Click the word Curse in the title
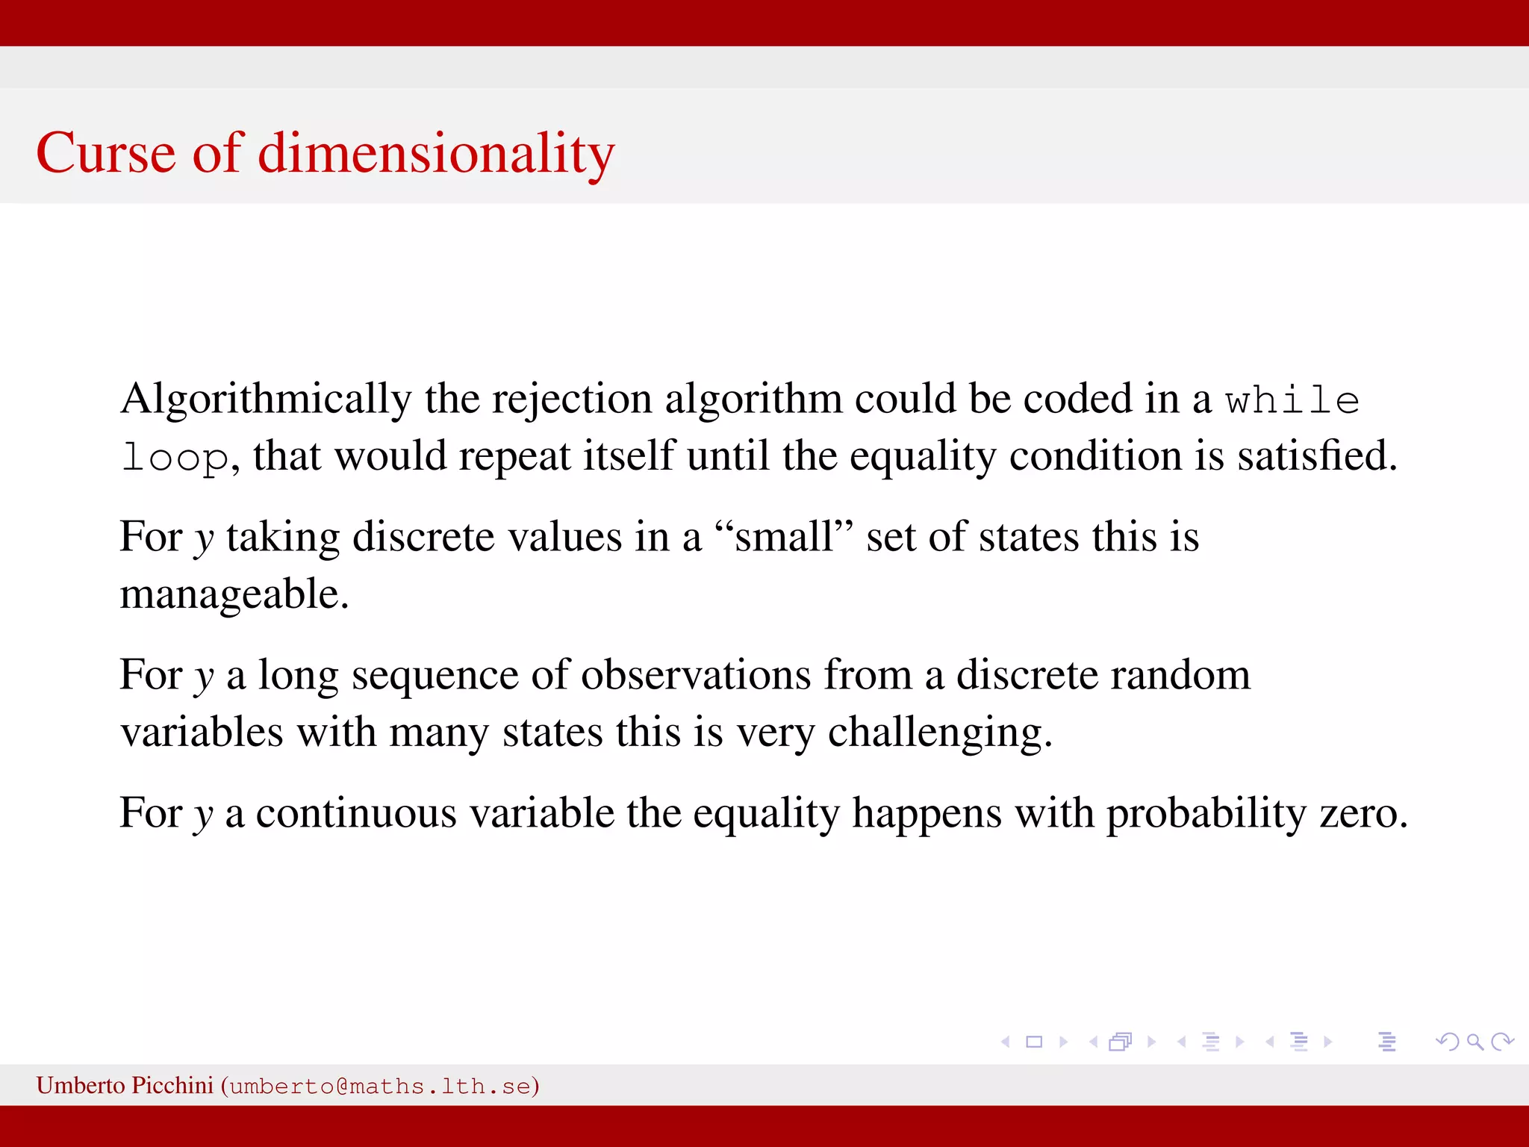105,153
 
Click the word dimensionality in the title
436,153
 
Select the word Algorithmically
266,399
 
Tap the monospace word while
1292,400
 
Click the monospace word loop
175,457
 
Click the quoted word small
783,537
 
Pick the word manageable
234,594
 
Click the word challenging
939,733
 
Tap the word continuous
356,813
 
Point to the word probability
1206,813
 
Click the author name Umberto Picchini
125,1085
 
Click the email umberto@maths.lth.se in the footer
380,1087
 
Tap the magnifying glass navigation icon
1474,1042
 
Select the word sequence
435,675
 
